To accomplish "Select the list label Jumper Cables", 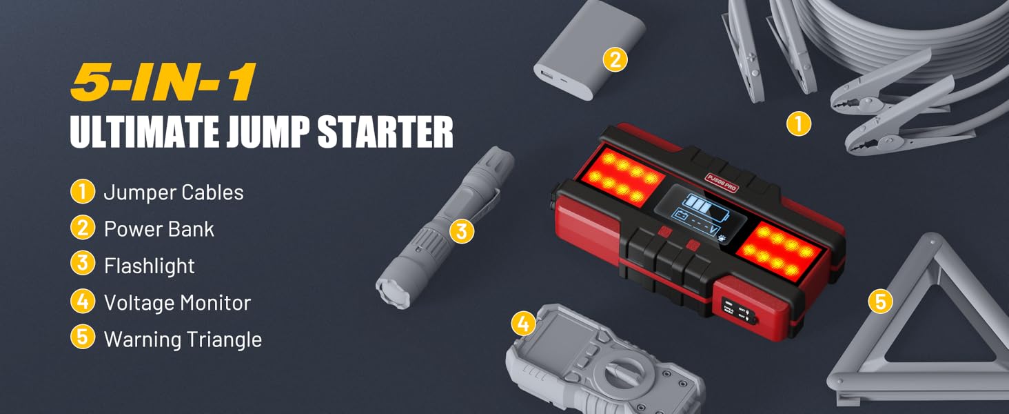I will click(174, 192).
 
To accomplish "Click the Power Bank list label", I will click(159, 228).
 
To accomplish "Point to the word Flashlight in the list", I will click(150, 266).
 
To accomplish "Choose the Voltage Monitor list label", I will click(177, 302).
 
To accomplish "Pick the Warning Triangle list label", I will click(183, 339).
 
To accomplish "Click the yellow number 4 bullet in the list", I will click(82, 302).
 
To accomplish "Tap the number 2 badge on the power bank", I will click(615, 59).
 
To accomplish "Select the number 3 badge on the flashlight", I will click(462, 230).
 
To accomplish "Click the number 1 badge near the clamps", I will click(799, 124).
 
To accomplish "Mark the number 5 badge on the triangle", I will click(880, 302).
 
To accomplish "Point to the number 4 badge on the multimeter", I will click(523, 323).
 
